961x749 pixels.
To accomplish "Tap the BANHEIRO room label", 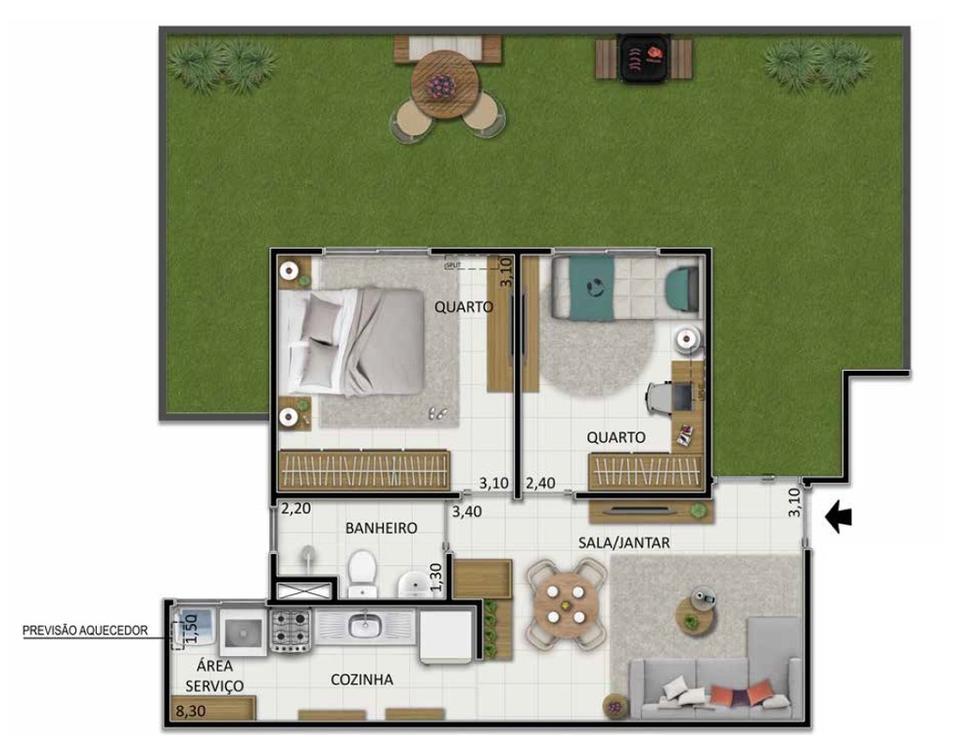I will [x=381, y=528].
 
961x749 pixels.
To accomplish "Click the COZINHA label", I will [x=361, y=680].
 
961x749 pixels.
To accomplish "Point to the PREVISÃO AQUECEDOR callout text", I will [x=85, y=631].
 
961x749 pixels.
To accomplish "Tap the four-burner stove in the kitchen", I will [x=290, y=629].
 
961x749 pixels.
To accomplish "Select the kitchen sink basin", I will [x=361, y=623].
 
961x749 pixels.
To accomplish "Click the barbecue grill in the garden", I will [x=645, y=58].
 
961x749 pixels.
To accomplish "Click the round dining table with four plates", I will [x=565, y=603].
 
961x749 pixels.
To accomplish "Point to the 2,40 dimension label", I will [x=542, y=484].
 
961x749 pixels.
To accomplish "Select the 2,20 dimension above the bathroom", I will [x=296, y=509].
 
